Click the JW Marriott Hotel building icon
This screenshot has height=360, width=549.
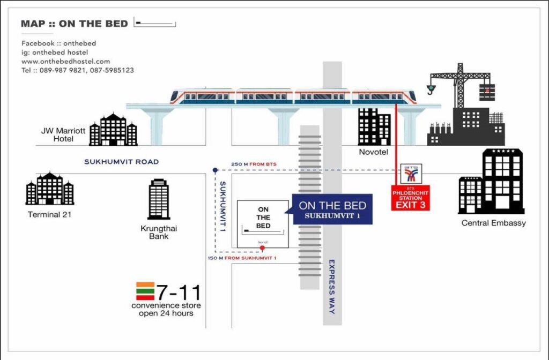point(113,130)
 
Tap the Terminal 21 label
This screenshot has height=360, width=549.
point(50,215)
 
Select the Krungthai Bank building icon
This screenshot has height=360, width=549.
point(159,199)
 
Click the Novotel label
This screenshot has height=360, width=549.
point(374,153)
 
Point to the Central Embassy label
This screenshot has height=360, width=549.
point(493,223)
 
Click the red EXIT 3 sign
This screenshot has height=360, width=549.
point(411,205)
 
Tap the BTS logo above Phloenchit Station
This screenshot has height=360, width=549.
point(411,172)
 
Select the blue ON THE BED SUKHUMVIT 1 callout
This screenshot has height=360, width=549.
point(332,209)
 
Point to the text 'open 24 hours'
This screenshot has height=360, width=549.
point(166,313)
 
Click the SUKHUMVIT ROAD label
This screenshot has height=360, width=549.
point(121,162)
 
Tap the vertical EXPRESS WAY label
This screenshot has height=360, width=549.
point(331,287)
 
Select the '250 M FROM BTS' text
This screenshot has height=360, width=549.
point(253,164)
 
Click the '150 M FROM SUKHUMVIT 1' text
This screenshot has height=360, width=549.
point(242,258)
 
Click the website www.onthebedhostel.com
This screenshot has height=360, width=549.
point(65,61)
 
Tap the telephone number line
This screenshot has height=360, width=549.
point(78,70)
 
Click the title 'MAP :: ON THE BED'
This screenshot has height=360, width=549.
point(74,24)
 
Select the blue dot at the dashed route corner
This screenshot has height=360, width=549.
point(215,170)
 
